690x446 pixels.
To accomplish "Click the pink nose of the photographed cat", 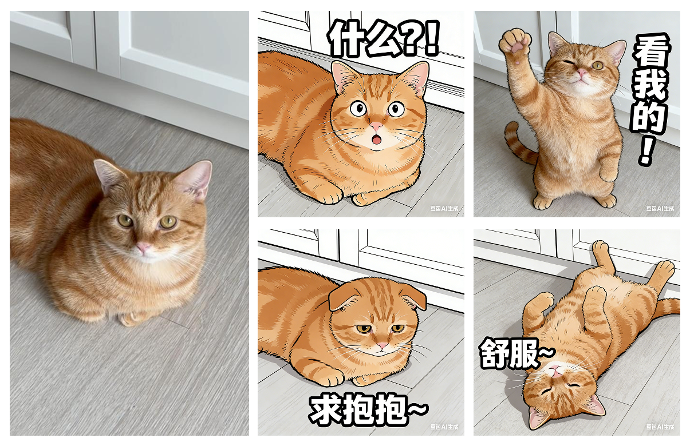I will tap(143, 248).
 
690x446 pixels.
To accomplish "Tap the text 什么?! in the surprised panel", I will tap(384, 39).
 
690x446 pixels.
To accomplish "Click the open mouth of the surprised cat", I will tap(376, 140).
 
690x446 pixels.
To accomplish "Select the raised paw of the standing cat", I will tap(515, 42).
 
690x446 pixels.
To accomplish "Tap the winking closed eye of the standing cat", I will tap(568, 62).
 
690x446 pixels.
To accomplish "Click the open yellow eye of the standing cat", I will tap(597, 65).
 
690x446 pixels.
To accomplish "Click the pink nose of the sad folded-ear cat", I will tap(381, 346).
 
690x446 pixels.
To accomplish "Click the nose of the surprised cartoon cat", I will tap(376, 126).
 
